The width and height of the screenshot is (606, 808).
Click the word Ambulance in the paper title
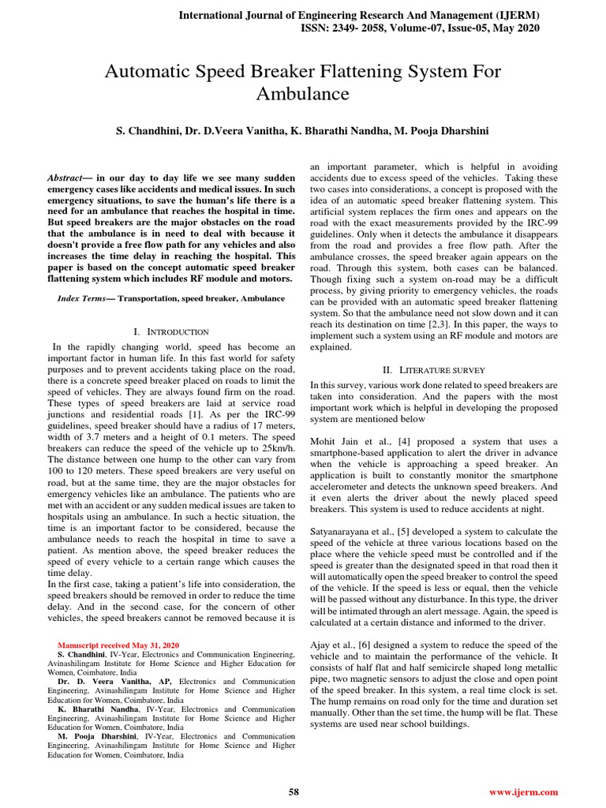(303, 94)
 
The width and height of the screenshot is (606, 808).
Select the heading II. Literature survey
(434, 369)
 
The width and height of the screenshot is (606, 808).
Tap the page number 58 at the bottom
(294, 791)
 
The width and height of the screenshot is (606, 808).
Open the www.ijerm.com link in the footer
(524, 791)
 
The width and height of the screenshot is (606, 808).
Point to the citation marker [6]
(366, 645)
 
